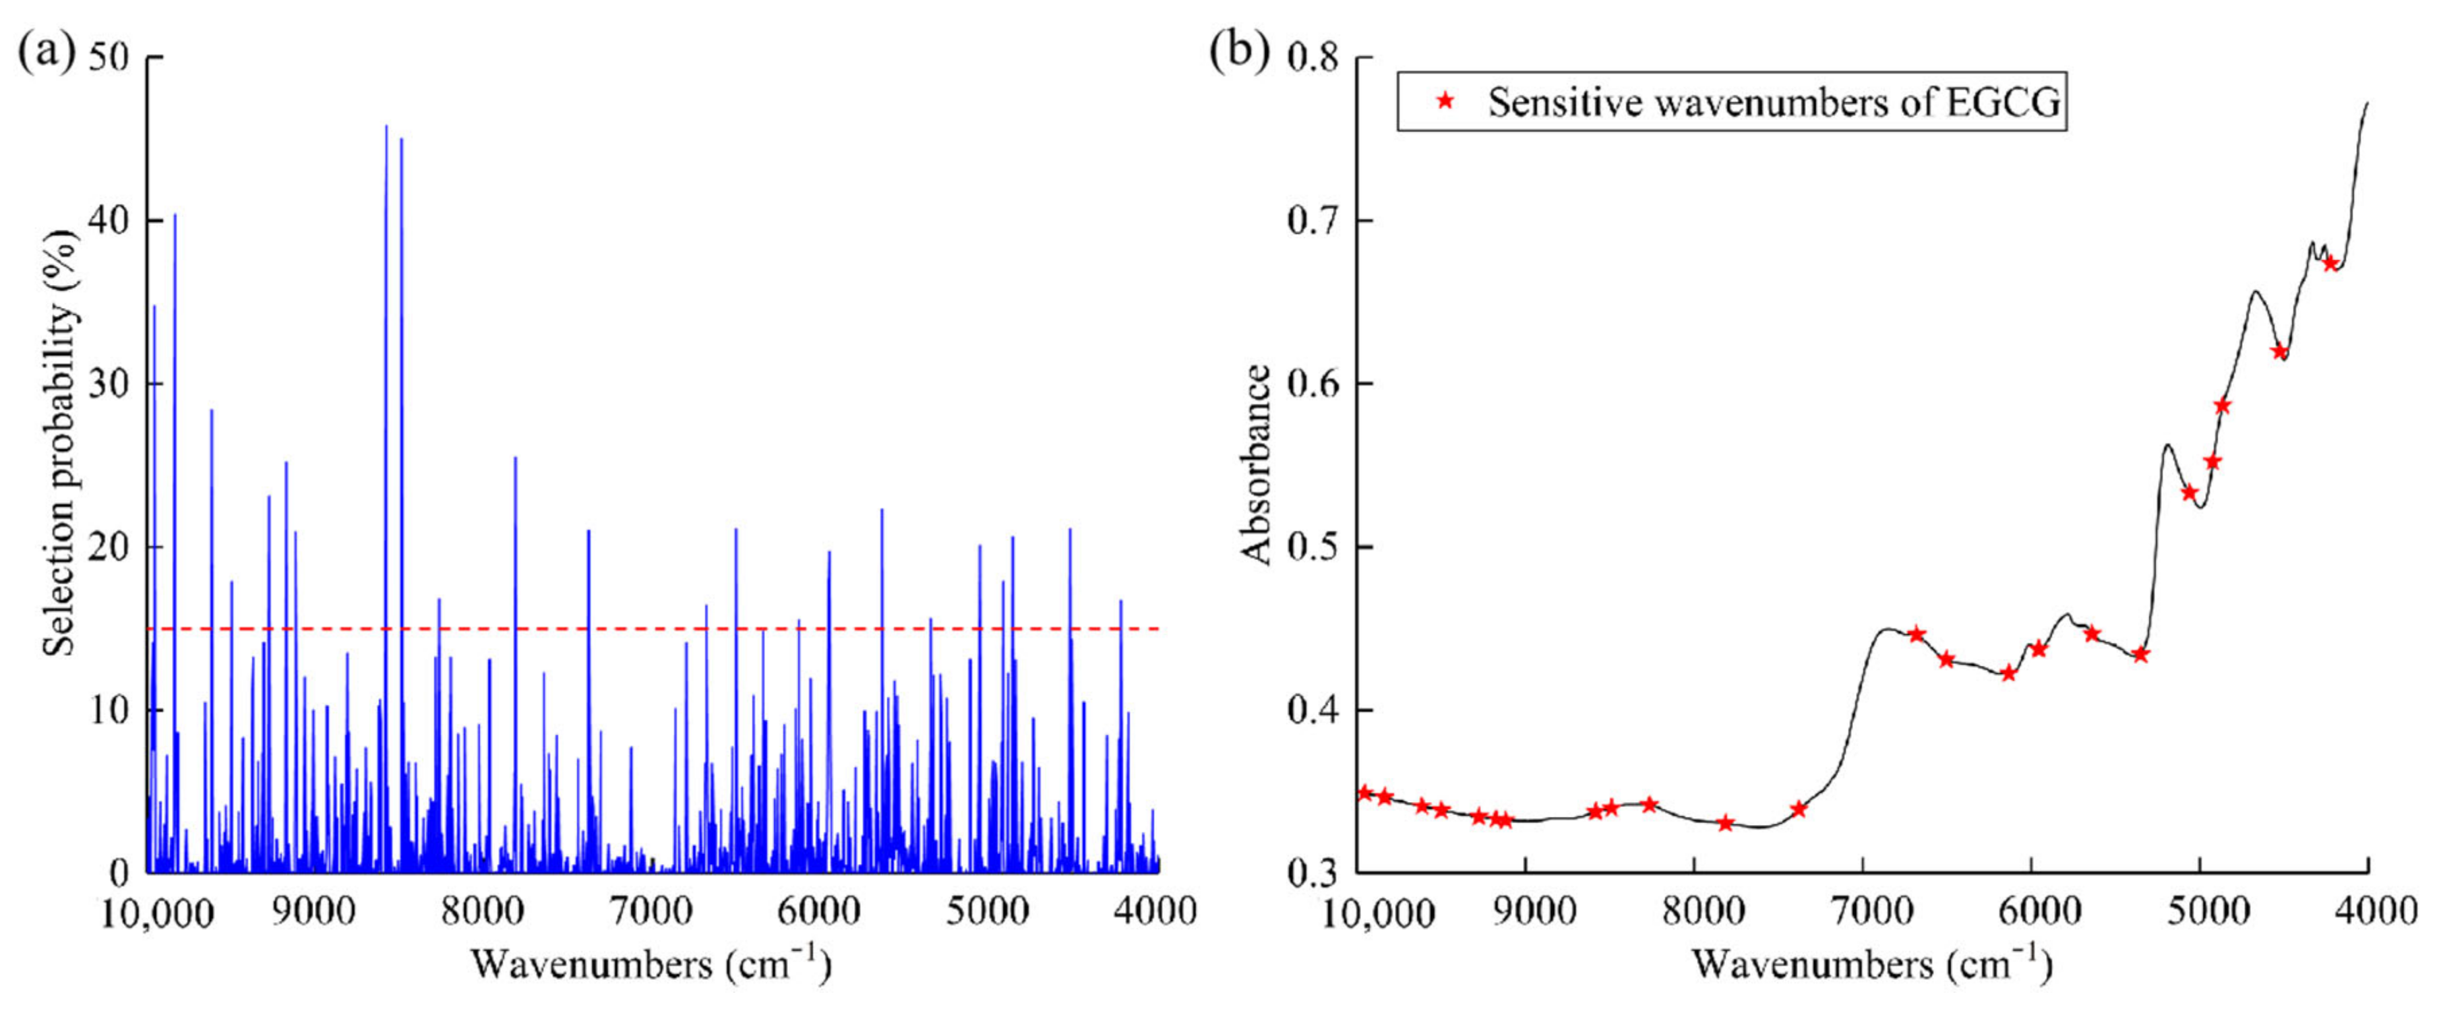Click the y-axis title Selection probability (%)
59,440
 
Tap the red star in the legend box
1445,100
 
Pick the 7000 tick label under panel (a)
651,911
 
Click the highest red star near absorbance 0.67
2330,263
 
